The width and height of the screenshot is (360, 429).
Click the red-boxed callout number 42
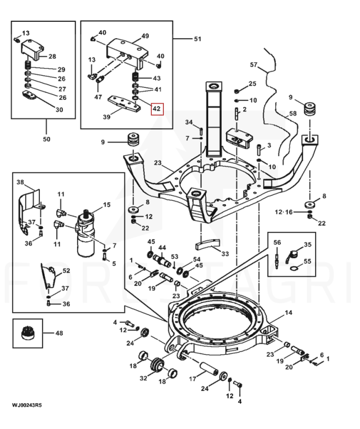(156, 109)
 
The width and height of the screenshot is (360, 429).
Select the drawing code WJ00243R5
(27, 405)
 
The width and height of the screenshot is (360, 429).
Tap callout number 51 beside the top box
(197, 39)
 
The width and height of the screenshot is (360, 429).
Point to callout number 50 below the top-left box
(46, 139)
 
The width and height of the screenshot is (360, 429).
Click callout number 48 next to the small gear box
(59, 333)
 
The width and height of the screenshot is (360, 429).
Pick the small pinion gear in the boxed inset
(27, 333)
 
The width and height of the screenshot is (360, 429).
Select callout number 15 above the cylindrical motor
(107, 205)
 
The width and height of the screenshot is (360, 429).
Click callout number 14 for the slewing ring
(288, 312)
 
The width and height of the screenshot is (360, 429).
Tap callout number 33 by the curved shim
(225, 254)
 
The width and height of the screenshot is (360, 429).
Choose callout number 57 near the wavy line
(254, 64)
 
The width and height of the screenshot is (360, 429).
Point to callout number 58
(293, 113)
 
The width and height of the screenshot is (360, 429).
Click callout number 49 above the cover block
(145, 36)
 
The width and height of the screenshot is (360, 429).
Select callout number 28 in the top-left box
(52, 56)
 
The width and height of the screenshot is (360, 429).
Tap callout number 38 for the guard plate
(20, 182)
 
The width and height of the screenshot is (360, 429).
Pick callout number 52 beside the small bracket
(66, 271)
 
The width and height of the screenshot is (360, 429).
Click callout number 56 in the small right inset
(277, 242)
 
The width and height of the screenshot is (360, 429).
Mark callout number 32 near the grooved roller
(144, 378)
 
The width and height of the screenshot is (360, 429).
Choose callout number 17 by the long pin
(193, 379)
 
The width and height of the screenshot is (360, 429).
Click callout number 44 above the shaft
(162, 248)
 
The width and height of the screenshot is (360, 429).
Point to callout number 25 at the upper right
(252, 84)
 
